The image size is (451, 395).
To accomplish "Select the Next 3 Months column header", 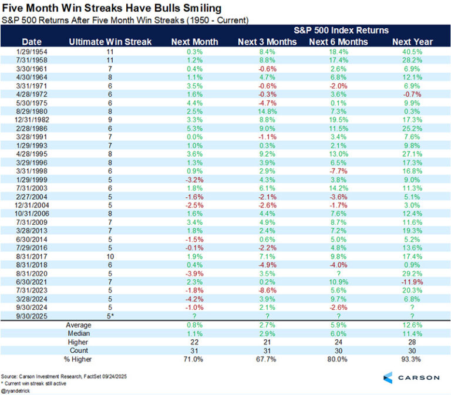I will click(x=267, y=42).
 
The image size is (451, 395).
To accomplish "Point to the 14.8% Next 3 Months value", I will click(x=267, y=112).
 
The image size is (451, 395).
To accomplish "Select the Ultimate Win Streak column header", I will click(x=109, y=42).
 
